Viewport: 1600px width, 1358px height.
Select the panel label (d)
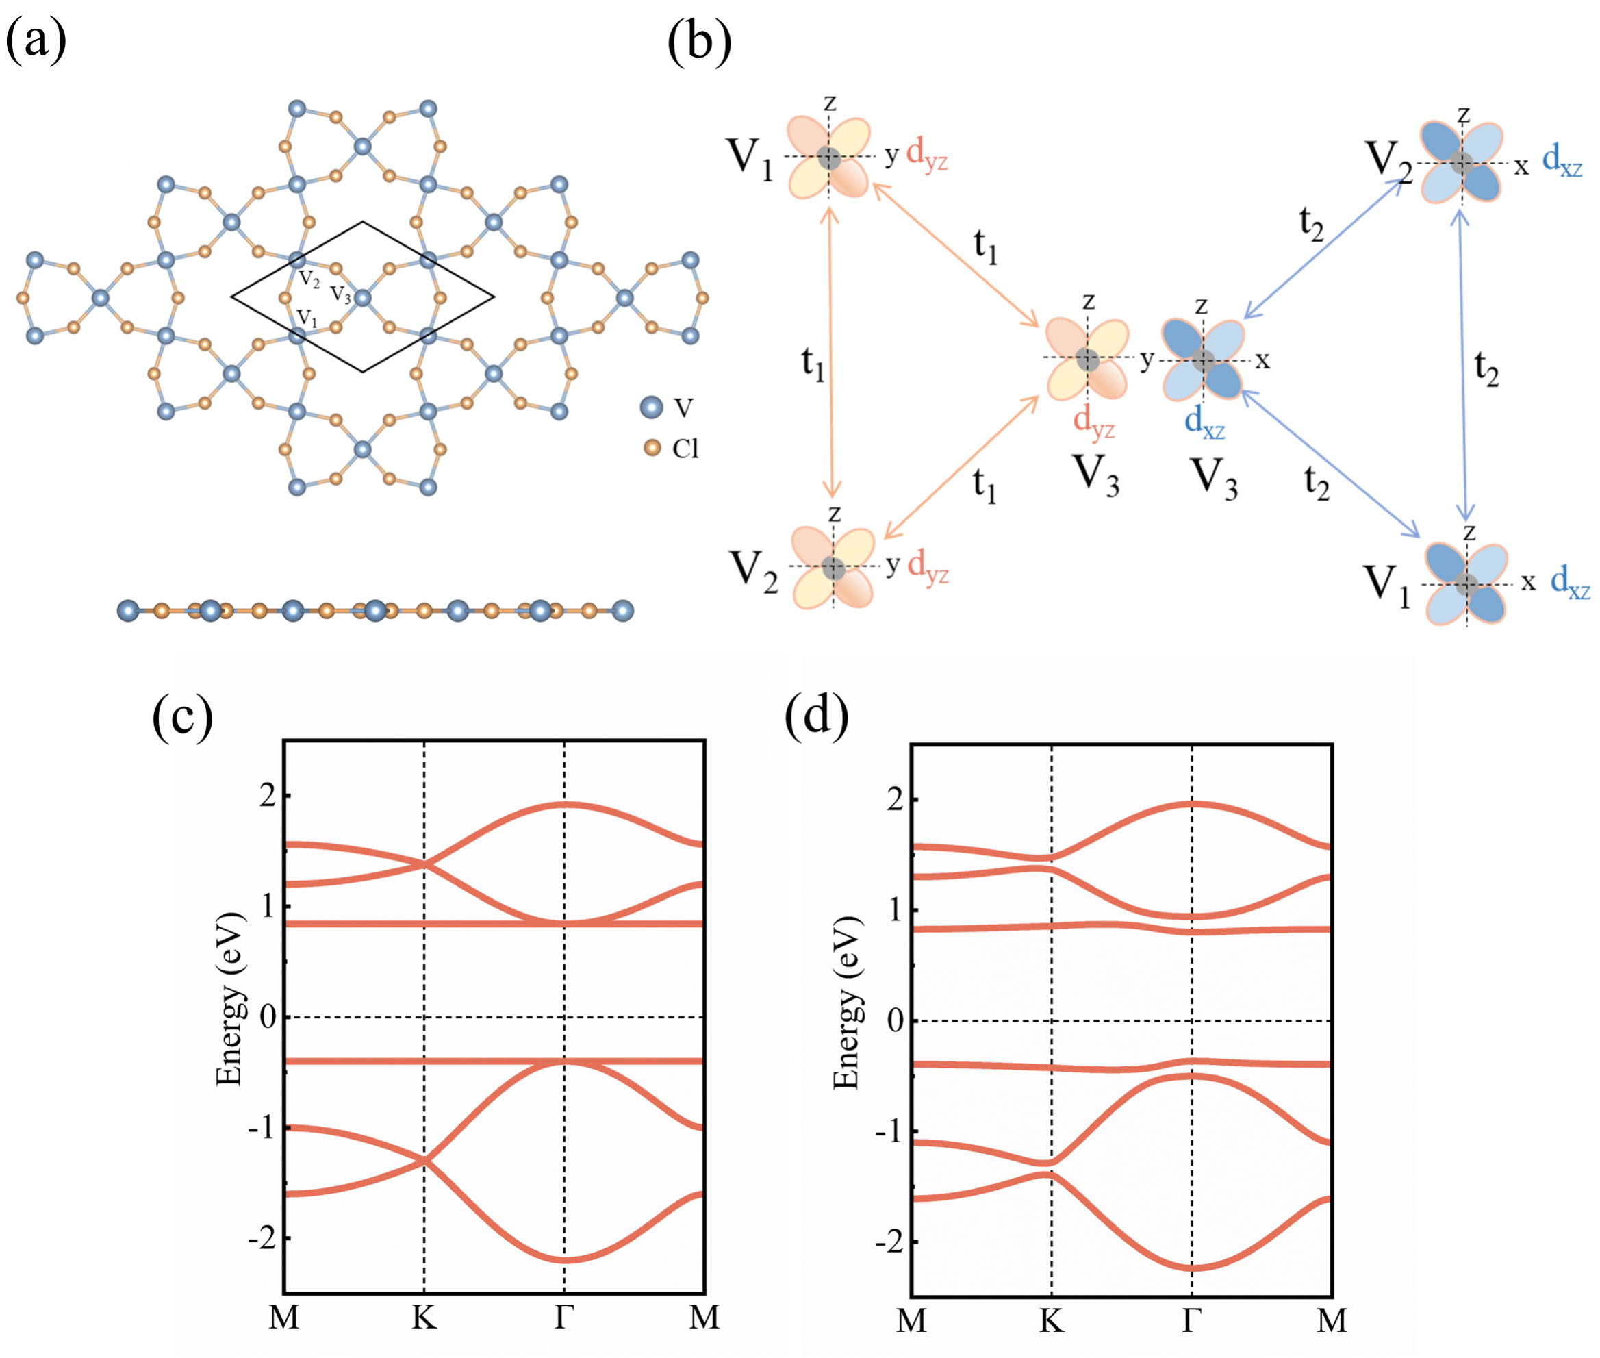[816, 715]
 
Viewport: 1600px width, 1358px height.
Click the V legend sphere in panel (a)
[651, 407]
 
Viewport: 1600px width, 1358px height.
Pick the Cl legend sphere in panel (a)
[652, 447]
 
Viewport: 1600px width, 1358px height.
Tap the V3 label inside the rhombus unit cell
[341, 294]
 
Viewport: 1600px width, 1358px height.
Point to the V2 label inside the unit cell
[309, 279]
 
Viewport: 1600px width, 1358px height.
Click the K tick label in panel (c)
[424, 1317]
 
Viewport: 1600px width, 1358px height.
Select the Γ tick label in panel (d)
[1191, 1320]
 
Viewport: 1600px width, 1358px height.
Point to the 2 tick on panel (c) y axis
[267, 795]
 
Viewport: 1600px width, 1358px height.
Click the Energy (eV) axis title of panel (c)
[229, 998]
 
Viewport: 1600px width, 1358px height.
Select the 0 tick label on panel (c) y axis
[268, 1017]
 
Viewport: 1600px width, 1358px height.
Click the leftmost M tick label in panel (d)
[911, 1320]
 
